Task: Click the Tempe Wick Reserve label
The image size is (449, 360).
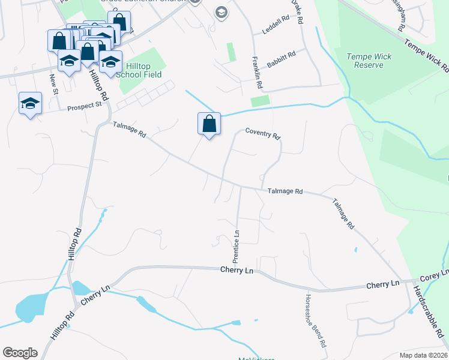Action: click(x=369, y=61)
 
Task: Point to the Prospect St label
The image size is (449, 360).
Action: click(x=85, y=107)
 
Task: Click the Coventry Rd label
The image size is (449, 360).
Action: click(x=263, y=134)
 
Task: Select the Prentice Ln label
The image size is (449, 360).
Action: click(x=237, y=246)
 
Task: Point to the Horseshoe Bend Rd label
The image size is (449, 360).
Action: click(x=315, y=322)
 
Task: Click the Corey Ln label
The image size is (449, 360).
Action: click(x=430, y=278)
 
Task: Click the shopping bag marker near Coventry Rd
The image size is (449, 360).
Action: click(x=209, y=124)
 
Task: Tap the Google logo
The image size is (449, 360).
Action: click(x=20, y=353)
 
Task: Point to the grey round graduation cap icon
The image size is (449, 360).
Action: click(x=221, y=13)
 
